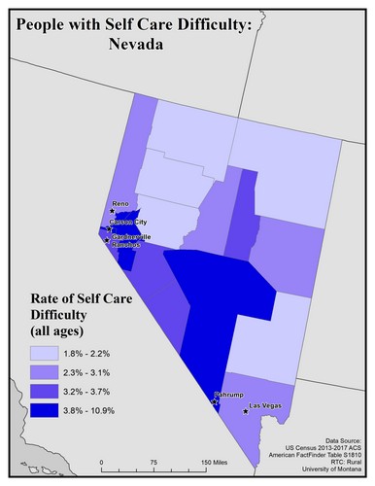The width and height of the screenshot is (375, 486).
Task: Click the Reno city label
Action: [119, 206]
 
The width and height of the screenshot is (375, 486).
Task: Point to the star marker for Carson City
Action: [109, 227]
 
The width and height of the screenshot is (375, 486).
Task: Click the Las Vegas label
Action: [266, 404]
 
